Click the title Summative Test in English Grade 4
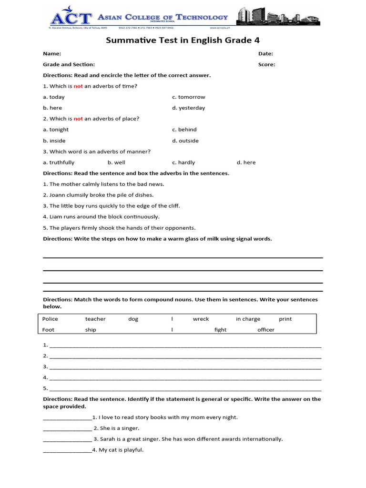pyautogui.click(x=183, y=41)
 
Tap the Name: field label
pyautogui.click(x=52, y=54)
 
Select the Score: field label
pyautogui.click(x=266, y=64)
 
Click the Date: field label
pyautogui.click(x=265, y=54)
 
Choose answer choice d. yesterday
pyautogui.click(x=188, y=108)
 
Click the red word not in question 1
pyautogui.click(x=78, y=86)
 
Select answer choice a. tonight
pyautogui.click(x=56, y=130)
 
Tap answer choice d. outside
pyautogui.click(x=185, y=141)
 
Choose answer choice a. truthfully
pyautogui.click(x=59, y=163)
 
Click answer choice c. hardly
pyautogui.click(x=183, y=163)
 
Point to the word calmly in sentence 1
pyautogui.click(x=88, y=184)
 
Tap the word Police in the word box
pyautogui.click(x=50, y=319)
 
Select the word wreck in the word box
pyautogui.click(x=201, y=319)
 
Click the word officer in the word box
pyautogui.click(x=266, y=330)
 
